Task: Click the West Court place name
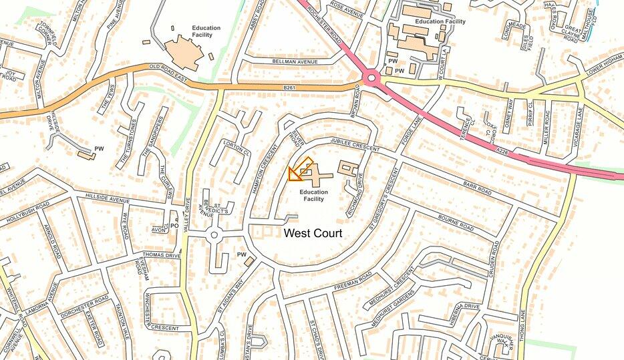[x=313, y=233]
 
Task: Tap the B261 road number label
[x=289, y=87]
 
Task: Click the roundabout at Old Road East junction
[x=371, y=80]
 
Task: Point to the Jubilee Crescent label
[x=353, y=144]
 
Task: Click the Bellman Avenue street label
[x=294, y=61]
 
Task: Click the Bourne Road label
[x=456, y=223]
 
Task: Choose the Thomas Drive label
[x=162, y=255]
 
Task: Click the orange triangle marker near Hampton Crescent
[x=293, y=174]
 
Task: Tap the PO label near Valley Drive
[x=174, y=226]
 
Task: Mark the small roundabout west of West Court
[x=214, y=235]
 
